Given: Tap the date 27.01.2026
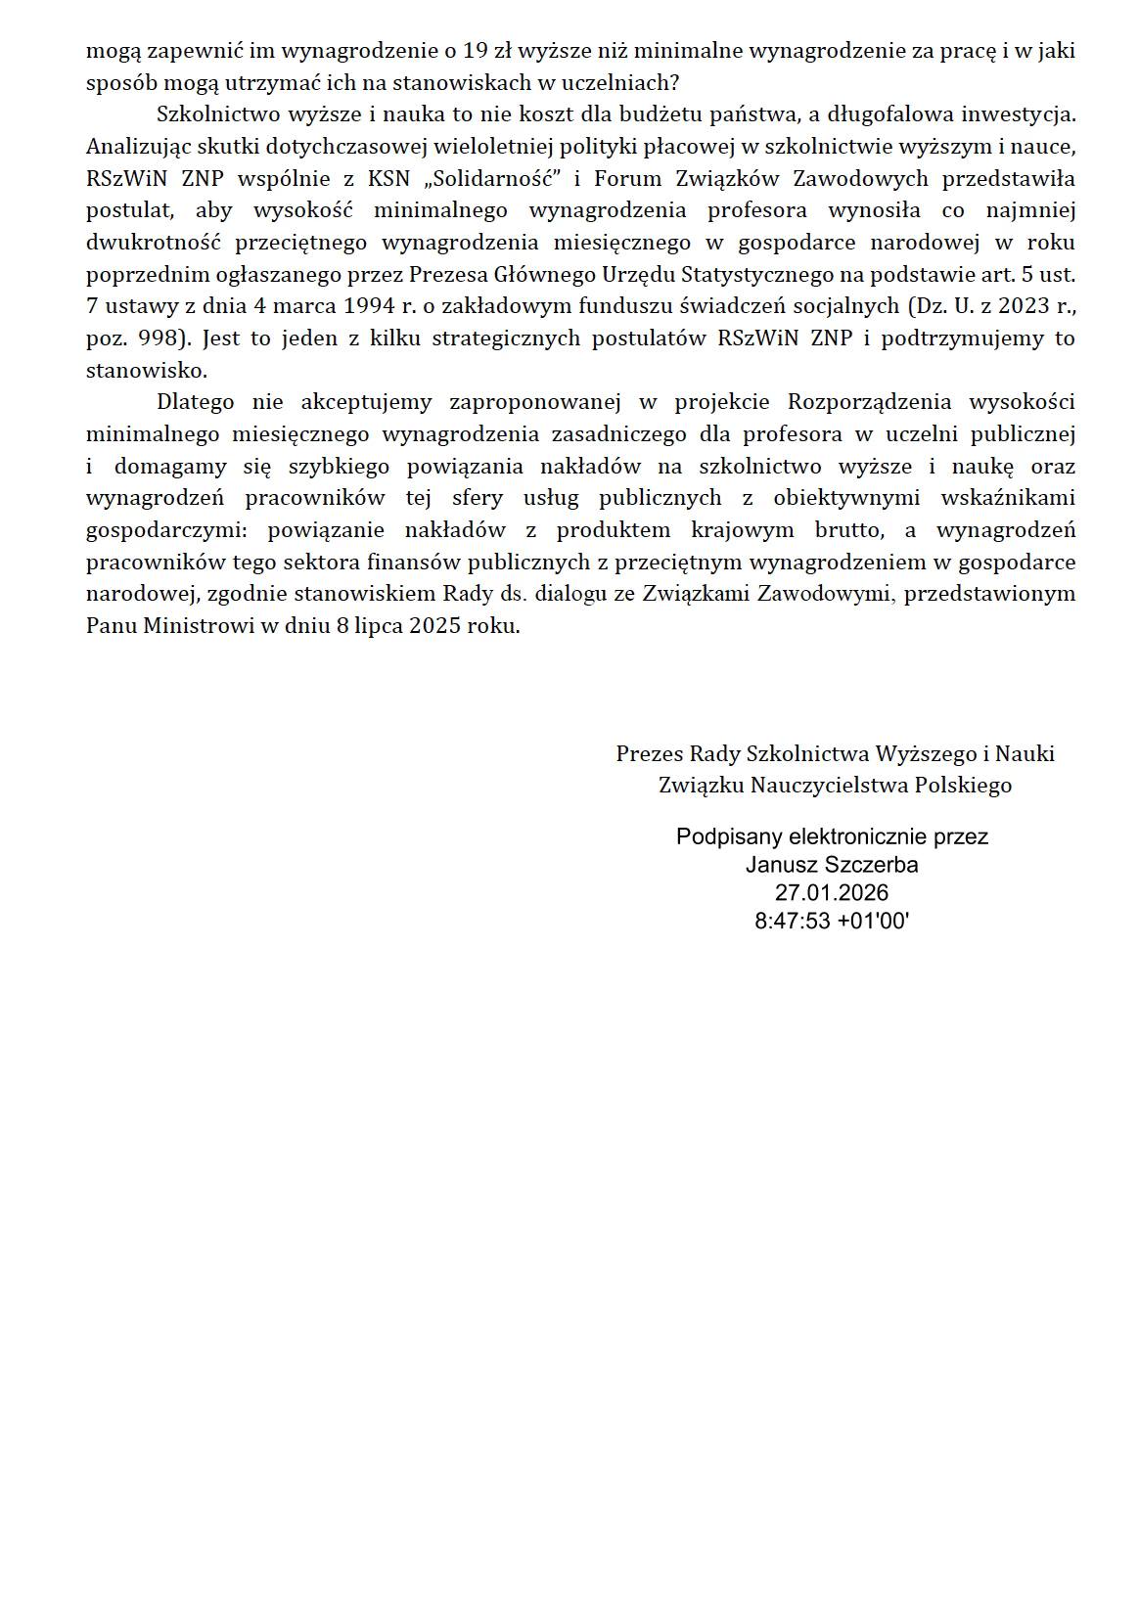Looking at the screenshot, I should pyautogui.click(x=832, y=892).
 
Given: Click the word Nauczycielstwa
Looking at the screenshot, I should pyautogui.click(x=824, y=785).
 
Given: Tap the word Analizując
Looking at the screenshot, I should pyautogui.click(x=133, y=147).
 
